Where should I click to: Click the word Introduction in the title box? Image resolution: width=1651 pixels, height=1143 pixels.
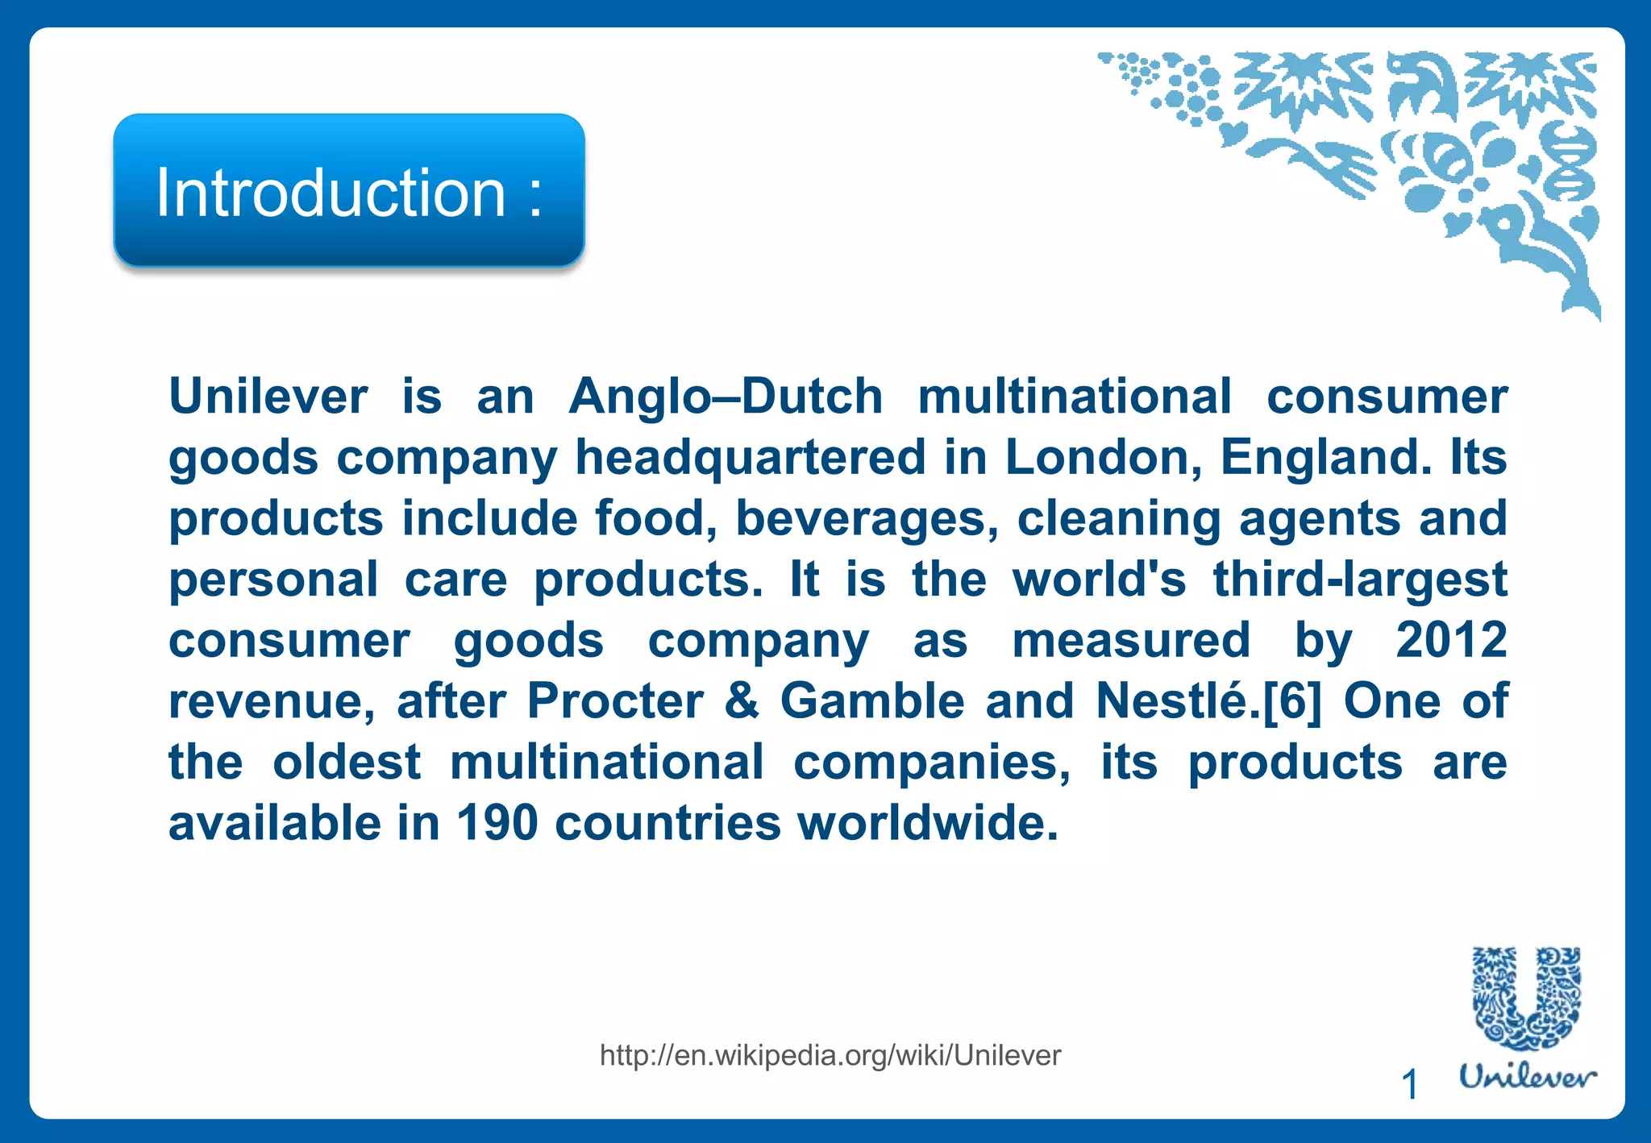tap(331, 193)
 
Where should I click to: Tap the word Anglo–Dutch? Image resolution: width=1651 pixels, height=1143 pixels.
tap(726, 397)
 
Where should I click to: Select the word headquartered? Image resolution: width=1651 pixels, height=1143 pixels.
tap(750, 458)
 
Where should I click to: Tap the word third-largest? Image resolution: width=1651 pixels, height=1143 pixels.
tap(1360, 580)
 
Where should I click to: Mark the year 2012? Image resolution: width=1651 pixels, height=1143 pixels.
tap(1451, 640)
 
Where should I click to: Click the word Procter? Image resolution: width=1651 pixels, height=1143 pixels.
tap(615, 700)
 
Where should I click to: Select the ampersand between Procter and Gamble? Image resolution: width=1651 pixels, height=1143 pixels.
tap(742, 700)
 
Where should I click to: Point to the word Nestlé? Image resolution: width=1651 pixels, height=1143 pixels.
tap(1171, 700)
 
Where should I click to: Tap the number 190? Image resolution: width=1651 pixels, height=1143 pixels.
tap(497, 823)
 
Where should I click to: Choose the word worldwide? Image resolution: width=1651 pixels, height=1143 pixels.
tap(927, 823)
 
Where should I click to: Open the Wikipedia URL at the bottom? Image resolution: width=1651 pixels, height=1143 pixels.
tap(830, 1055)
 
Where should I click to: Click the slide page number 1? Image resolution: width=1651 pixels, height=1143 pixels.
tap(1410, 1084)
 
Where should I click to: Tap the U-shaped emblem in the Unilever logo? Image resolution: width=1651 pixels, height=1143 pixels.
tap(1526, 999)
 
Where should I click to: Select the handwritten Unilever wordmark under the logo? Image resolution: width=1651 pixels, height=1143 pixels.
tap(1528, 1077)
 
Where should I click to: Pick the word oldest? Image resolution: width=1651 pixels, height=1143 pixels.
tap(347, 762)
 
